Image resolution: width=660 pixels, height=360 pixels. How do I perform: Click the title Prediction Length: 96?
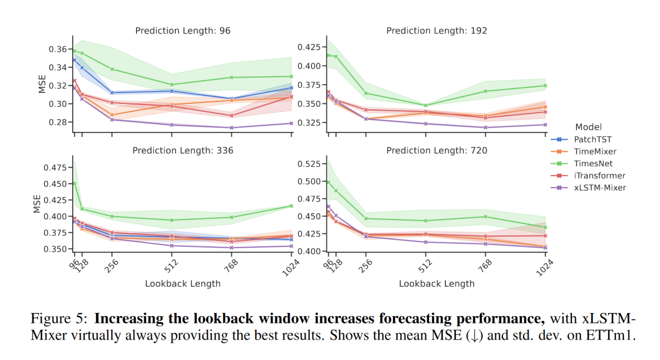click(183, 31)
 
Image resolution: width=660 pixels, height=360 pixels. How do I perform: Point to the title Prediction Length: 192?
click(436, 31)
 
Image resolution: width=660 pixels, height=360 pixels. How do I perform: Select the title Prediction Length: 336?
click(183, 150)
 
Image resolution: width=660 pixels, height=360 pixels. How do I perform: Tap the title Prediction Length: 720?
click(436, 150)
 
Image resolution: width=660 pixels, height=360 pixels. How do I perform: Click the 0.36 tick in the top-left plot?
click(58, 49)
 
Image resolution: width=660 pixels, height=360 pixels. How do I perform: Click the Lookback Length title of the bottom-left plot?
click(183, 284)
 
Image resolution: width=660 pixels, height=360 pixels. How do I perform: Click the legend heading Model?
click(588, 127)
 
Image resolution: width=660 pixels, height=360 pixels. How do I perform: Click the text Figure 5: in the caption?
click(59, 319)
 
